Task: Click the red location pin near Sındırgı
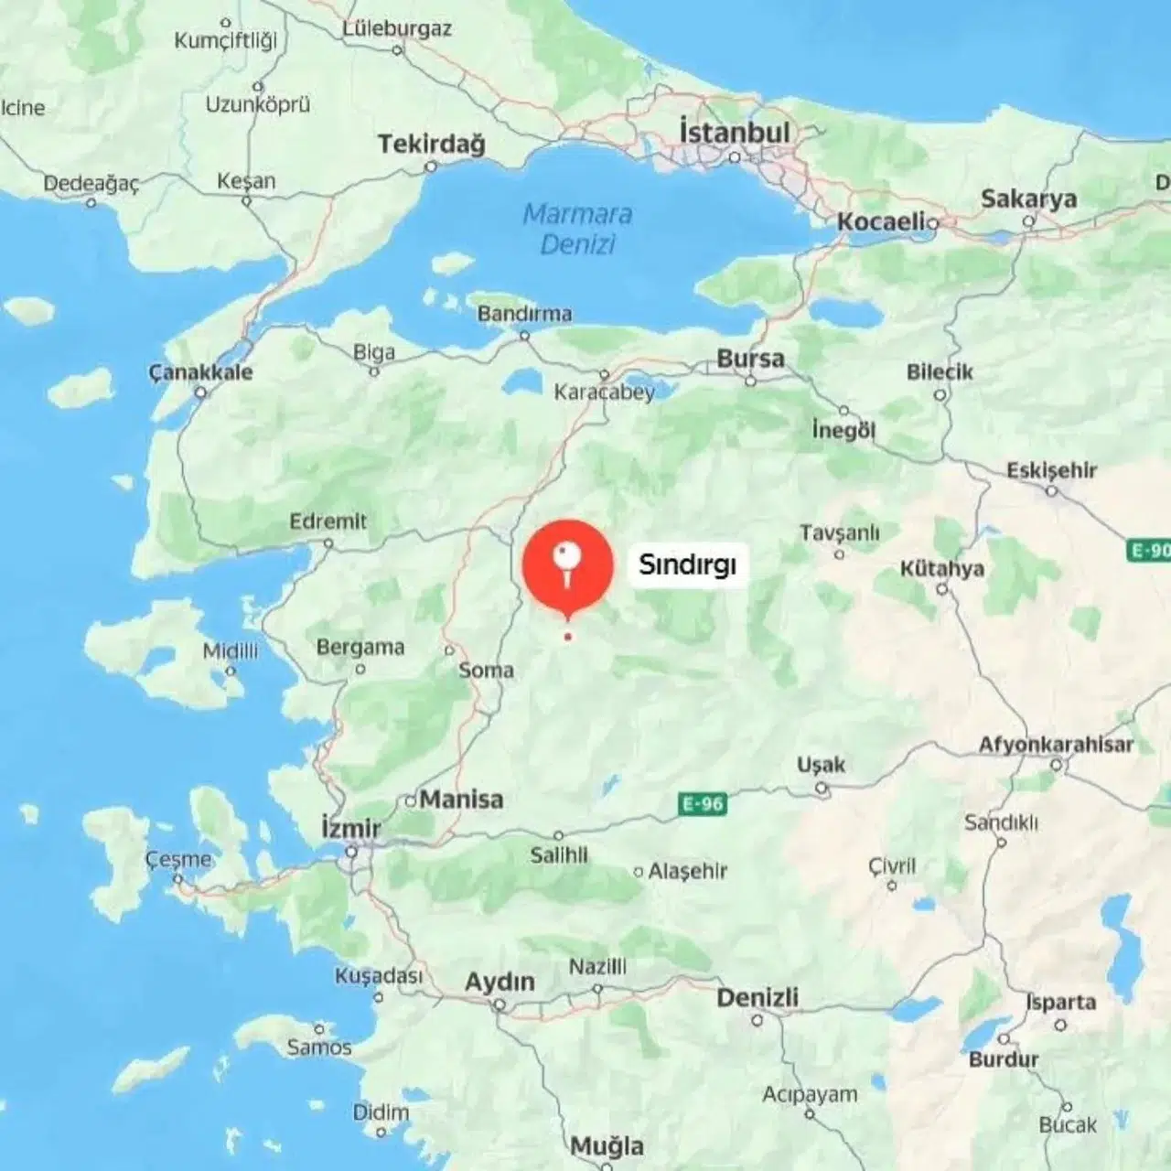567,564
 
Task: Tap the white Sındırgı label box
687,564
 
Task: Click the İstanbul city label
734,133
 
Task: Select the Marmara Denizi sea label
577,229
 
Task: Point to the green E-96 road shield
703,804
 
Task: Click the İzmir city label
351,829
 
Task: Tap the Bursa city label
750,359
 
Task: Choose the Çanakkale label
200,372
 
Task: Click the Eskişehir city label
1051,470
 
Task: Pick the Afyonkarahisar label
1056,745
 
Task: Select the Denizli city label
757,997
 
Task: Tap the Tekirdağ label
431,145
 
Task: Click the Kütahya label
941,569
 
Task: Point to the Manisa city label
461,800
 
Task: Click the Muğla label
607,1145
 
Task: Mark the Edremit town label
328,521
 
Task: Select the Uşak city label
821,765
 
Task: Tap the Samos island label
318,1047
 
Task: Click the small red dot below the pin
568,637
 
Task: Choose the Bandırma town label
524,314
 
